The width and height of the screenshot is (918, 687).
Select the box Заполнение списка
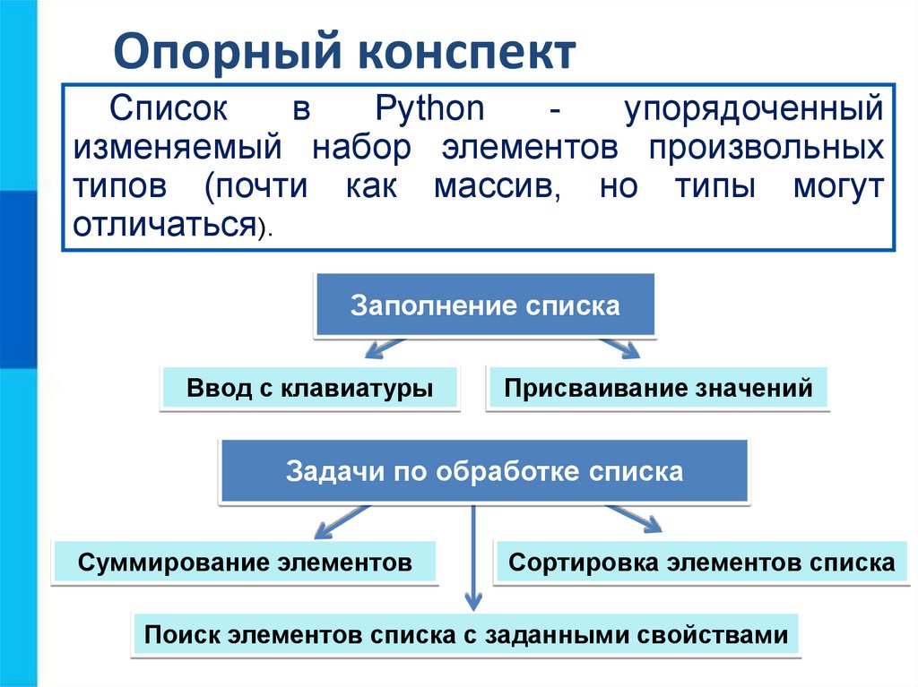[x=484, y=305]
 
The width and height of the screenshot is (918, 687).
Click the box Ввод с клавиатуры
[x=309, y=389]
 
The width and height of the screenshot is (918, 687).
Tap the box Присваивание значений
[x=658, y=389]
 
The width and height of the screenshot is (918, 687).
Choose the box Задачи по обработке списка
[x=484, y=471]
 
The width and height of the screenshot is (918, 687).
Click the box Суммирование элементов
[x=245, y=562]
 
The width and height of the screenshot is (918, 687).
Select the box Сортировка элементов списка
[x=700, y=562]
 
